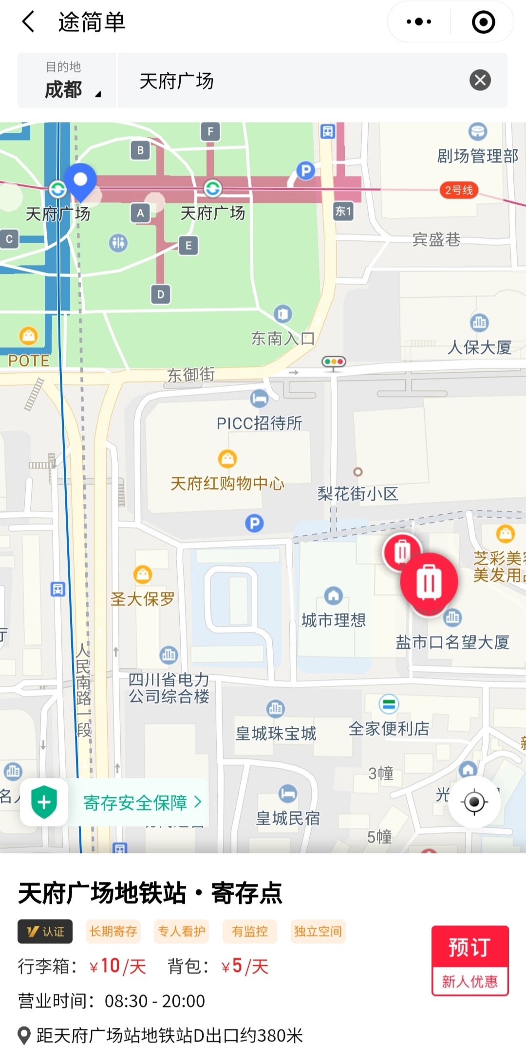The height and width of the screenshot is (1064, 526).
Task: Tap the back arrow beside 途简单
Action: [29, 22]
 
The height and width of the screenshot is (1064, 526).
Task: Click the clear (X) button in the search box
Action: [480, 80]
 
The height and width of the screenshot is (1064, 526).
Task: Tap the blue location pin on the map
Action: [80, 181]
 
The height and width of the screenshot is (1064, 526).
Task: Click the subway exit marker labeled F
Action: [210, 131]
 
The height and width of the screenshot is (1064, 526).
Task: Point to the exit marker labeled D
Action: [161, 294]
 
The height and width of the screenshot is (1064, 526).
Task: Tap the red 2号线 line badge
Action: [459, 190]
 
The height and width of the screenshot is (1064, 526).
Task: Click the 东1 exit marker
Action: [343, 211]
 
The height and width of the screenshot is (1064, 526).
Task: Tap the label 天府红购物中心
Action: [227, 483]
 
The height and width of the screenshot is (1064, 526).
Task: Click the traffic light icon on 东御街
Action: [334, 362]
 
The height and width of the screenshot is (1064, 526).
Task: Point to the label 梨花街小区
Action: [357, 494]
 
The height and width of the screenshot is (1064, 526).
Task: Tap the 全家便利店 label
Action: [389, 728]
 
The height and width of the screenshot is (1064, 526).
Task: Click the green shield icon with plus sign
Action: [44, 802]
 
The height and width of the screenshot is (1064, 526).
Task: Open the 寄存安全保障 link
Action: [142, 802]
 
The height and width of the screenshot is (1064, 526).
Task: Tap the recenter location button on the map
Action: [474, 801]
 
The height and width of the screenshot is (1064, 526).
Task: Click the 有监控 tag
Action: [250, 931]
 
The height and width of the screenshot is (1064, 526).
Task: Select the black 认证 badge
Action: [45, 931]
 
